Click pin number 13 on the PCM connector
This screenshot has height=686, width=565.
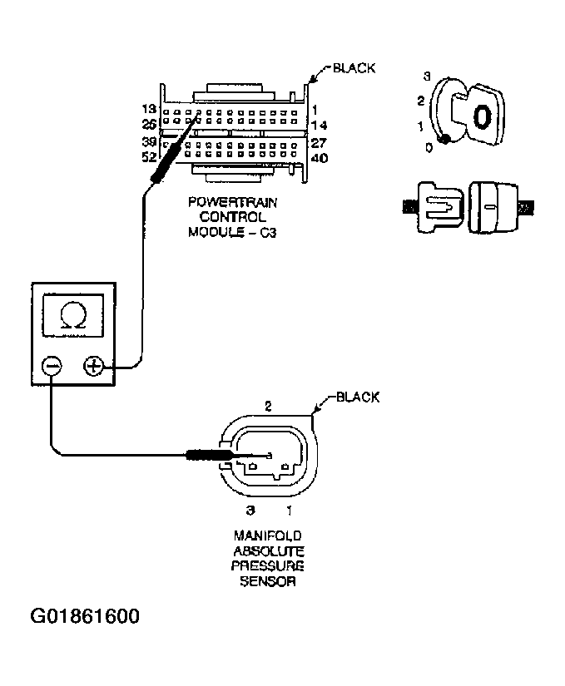coord(150,110)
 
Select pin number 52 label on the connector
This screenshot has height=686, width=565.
coord(150,156)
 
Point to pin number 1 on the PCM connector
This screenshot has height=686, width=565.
coord(317,110)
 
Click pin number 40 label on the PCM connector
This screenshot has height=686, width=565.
coord(319,158)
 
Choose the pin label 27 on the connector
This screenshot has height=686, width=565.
coord(319,141)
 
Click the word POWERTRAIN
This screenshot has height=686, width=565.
coord(231,202)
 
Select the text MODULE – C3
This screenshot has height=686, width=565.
coord(231,232)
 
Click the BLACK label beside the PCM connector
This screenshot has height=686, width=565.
coord(354,68)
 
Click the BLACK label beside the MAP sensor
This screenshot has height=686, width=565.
coord(358,397)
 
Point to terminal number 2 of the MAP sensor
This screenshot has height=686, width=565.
coord(268,407)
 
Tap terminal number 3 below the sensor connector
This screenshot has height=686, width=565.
coord(249,508)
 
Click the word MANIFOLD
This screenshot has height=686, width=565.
coord(268,536)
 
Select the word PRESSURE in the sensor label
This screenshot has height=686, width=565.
coord(268,566)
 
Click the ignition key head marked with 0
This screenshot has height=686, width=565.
coord(482,116)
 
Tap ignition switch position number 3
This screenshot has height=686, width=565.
coord(426,76)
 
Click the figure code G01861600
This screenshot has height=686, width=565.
coord(85,617)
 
